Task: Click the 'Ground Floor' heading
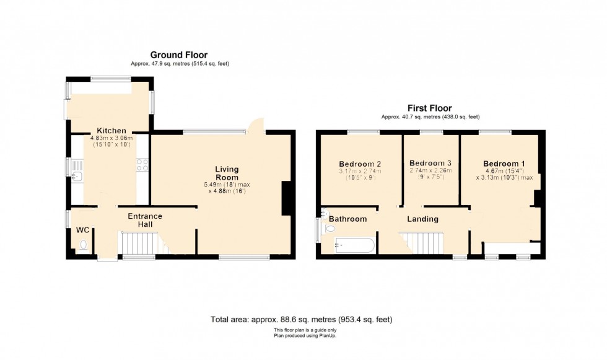click(180, 55)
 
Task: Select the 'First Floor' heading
click(429, 108)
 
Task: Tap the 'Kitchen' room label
click(109, 131)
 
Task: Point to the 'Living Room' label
click(227, 173)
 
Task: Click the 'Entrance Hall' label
click(145, 221)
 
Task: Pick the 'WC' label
click(83, 230)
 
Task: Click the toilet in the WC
click(84, 245)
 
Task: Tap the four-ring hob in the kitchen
click(142, 165)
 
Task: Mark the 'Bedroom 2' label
click(359, 164)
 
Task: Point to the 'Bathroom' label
click(347, 219)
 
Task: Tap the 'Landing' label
click(422, 219)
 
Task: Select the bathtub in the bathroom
click(354, 245)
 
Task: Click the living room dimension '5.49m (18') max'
click(227, 185)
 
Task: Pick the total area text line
click(302, 320)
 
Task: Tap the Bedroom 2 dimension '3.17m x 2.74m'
click(359, 171)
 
